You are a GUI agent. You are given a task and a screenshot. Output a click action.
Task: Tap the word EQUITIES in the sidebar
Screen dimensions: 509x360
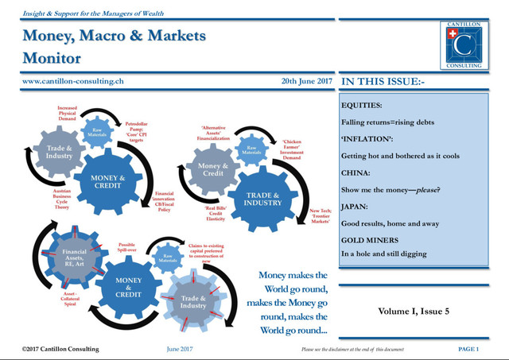362,105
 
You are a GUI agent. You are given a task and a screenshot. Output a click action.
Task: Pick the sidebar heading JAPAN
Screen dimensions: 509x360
356,207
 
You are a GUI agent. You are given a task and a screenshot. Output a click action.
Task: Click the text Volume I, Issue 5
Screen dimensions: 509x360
414,311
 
